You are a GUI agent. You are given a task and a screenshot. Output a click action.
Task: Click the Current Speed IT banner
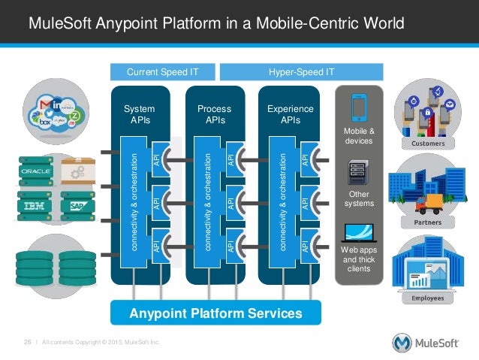(163, 71)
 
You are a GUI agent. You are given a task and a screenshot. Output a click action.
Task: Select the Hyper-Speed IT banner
(300, 71)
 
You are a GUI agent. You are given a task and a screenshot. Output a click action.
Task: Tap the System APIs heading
(140, 113)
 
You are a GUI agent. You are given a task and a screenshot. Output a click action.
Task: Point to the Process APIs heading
(214, 113)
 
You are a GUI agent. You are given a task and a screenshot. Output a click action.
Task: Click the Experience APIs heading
(290, 113)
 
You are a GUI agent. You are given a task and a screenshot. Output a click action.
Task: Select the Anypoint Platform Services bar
(215, 313)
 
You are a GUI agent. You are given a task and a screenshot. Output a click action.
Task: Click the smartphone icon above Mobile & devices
(358, 107)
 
